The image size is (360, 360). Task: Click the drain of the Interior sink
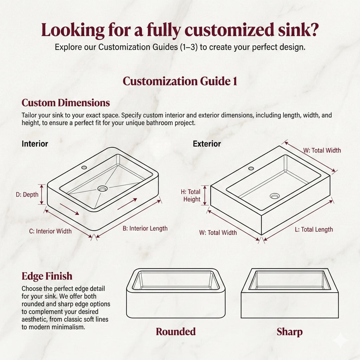pyautogui.click(x=103, y=189)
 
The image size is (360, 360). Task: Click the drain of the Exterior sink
pyautogui.click(x=275, y=196)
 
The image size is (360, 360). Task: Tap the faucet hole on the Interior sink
pyautogui.click(x=84, y=167)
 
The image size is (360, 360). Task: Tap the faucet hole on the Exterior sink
pyautogui.click(x=251, y=168)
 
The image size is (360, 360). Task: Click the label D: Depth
pyautogui.click(x=27, y=195)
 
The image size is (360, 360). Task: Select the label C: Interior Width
pyautogui.click(x=50, y=231)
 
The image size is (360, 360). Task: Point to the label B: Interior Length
pyautogui.click(x=145, y=229)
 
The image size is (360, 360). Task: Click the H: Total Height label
pyautogui.click(x=191, y=195)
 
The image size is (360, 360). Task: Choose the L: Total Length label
pyautogui.click(x=314, y=230)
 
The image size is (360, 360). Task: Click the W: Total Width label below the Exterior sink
pyautogui.click(x=218, y=232)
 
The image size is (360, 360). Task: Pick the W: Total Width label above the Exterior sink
pyautogui.click(x=322, y=150)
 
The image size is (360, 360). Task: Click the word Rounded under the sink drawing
pyautogui.click(x=175, y=332)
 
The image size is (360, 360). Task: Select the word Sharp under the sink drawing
pyautogui.click(x=289, y=332)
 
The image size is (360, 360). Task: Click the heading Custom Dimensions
pyautogui.click(x=66, y=103)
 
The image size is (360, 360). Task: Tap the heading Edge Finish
pyautogui.click(x=47, y=276)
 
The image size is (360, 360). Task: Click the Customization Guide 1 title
pyautogui.click(x=180, y=81)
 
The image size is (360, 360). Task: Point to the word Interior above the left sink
pyautogui.click(x=35, y=144)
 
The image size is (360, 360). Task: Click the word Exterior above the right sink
pyautogui.click(x=207, y=144)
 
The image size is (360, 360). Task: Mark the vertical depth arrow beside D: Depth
pyautogui.click(x=42, y=194)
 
